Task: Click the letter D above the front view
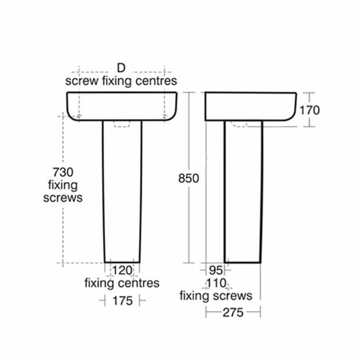coord(121,68)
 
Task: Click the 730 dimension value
coord(63,172)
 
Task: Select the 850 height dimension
coord(189,178)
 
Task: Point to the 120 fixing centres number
coord(121,270)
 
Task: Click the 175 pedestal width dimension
coord(122,301)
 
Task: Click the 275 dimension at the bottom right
coord(233,312)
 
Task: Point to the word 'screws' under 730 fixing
coord(63,198)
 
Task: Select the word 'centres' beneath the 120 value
coord(140,283)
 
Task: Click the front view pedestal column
coord(122,193)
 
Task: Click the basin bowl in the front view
coord(122,106)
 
